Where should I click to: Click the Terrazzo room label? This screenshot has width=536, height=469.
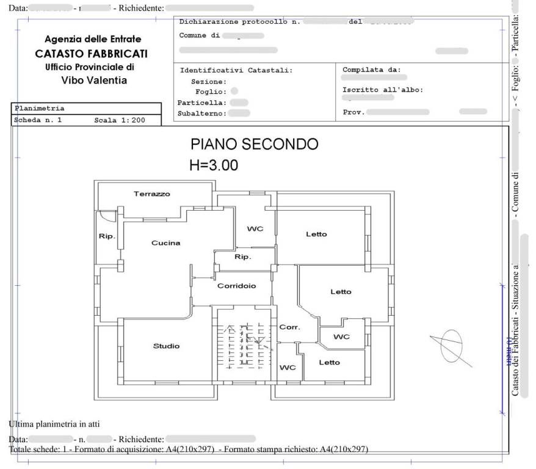[x=152, y=194]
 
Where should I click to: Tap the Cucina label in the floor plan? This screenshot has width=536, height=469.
[x=165, y=243]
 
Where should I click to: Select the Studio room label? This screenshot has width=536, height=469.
[x=166, y=346]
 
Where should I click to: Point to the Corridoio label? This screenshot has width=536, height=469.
[x=236, y=286]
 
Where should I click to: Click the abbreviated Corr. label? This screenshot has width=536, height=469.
[x=289, y=327]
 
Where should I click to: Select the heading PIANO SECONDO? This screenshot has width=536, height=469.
[x=254, y=144]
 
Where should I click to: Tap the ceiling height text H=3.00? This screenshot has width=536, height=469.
[x=214, y=165]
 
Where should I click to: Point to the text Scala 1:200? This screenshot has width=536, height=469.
[x=119, y=120]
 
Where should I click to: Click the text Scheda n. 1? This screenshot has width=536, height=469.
[x=38, y=120]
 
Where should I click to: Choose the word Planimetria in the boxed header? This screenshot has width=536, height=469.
[x=39, y=109]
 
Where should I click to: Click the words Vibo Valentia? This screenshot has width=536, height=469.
[x=94, y=80]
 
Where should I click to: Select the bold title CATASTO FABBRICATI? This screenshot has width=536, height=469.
[x=92, y=54]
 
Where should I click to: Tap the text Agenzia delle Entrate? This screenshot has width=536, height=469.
[x=93, y=40]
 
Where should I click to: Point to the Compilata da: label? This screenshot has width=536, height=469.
[x=371, y=70]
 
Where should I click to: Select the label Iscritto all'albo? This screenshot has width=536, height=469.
[x=383, y=90]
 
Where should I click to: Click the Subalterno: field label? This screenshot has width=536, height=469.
[x=201, y=113]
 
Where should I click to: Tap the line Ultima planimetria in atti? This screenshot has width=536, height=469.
[x=54, y=424]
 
